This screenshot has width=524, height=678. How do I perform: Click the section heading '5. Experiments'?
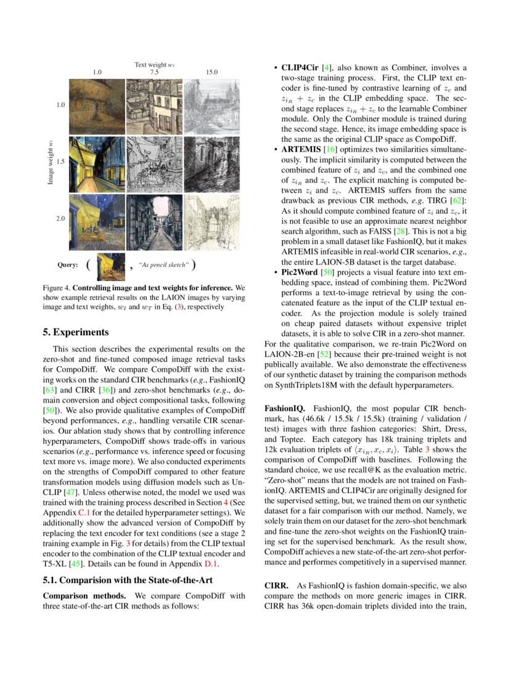coord(76,332)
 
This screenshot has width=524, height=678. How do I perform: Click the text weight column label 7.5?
coord(154,72)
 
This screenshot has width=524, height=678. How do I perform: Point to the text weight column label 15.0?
coord(211,72)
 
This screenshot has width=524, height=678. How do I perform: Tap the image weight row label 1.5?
coord(60,161)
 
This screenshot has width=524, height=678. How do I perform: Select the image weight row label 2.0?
coord(60,219)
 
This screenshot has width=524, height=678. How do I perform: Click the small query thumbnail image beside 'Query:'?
coord(111,265)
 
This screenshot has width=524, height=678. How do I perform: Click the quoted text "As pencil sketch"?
coord(164,265)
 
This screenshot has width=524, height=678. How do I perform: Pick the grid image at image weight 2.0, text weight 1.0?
coord(96,221)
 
